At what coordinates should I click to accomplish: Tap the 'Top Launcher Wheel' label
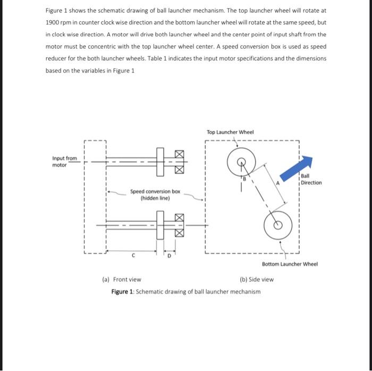point(230,132)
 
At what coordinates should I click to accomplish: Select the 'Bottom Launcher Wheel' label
point(290,264)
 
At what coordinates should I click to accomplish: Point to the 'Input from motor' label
point(64,161)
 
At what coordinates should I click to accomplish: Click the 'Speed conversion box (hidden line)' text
point(155,194)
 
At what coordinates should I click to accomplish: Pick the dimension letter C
point(133,254)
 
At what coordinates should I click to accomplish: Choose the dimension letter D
point(170,256)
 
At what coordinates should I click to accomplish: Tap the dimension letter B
point(245,179)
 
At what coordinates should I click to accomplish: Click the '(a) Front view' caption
point(121,279)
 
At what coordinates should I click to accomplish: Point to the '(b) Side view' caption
point(257,279)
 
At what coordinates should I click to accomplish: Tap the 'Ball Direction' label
point(311,179)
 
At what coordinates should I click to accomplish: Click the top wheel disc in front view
point(159,161)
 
